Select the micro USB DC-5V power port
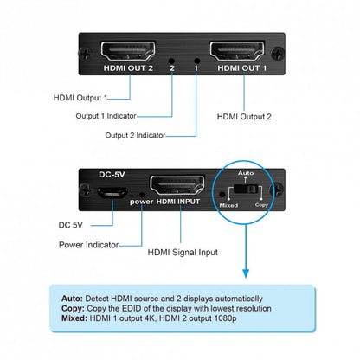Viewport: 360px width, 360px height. tap(109, 191)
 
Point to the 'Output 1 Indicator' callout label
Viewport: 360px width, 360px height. tap(104, 115)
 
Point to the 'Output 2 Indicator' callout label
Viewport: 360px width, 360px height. tap(134, 135)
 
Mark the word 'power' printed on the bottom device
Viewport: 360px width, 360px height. tap(141, 202)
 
